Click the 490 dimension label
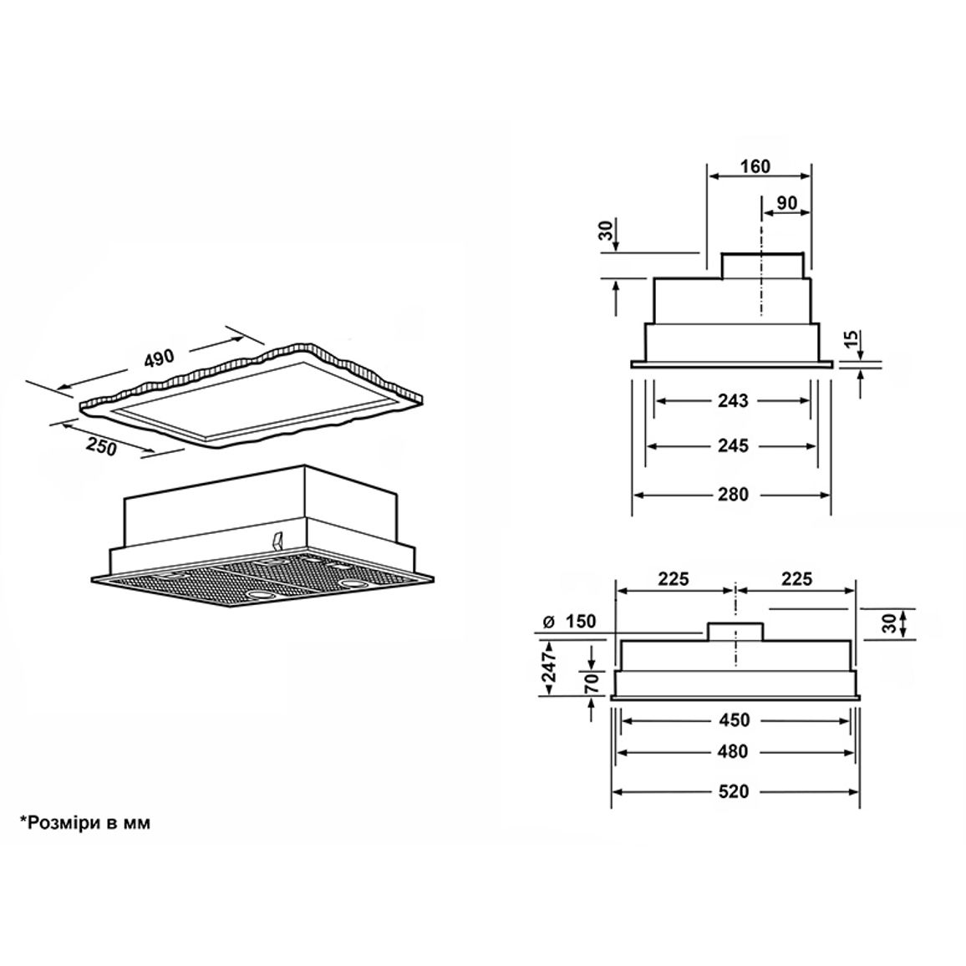click(160, 358)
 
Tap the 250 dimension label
click(101, 447)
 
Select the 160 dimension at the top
click(755, 166)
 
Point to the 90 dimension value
click(786, 203)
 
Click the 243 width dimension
click(733, 401)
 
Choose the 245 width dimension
click(733, 445)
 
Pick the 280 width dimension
click(733, 494)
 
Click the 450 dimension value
click(734, 720)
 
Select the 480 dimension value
click(733, 751)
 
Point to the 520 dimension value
click(733, 791)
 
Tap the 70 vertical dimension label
click(592, 683)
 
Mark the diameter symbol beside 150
click(550, 621)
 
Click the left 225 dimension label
click(674, 579)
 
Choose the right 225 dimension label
click(796, 579)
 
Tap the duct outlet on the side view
click(763, 266)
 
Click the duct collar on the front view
click(735, 632)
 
